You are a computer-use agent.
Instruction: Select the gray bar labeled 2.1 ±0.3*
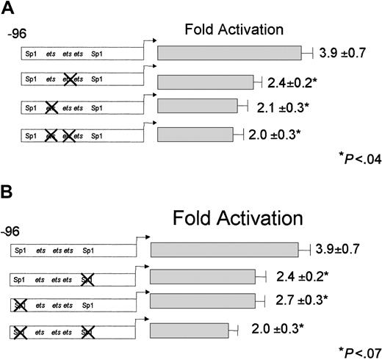[x=197, y=107]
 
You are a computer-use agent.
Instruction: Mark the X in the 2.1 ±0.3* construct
[x=51, y=107]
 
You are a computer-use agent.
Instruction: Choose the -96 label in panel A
[x=18, y=35]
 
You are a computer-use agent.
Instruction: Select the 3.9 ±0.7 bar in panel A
[x=229, y=53]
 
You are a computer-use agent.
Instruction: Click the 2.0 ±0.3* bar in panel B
[x=189, y=328]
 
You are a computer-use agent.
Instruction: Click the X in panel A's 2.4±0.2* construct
[x=71, y=80]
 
